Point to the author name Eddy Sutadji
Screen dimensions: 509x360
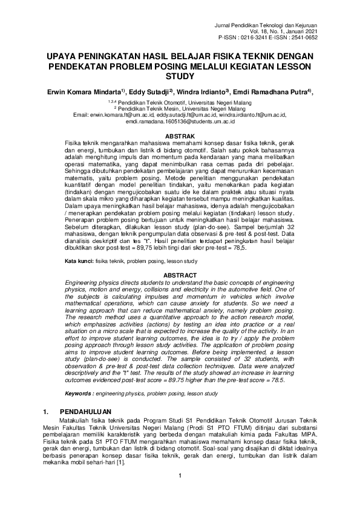point(151,92)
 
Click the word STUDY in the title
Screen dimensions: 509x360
point(180,77)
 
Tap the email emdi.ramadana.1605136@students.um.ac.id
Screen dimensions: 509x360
point(180,121)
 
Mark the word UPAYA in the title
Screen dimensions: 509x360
point(64,55)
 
